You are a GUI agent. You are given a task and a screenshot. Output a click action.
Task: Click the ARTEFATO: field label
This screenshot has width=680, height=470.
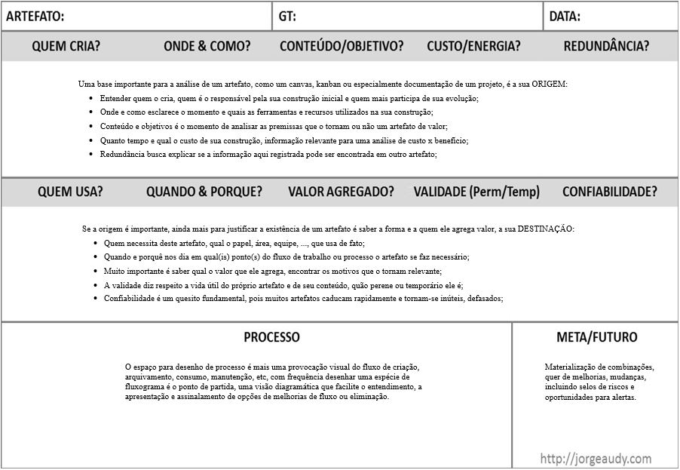[x=35, y=16]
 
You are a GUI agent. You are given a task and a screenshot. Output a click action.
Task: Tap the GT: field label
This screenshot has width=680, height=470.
[x=287, y=16]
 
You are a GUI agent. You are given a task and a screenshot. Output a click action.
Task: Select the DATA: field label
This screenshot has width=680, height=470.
[x=565, y=16]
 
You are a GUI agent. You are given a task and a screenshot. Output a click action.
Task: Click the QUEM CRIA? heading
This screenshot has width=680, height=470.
[x=66, y=46]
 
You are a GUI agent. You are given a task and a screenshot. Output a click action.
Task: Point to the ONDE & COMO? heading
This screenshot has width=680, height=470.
[x=207, y=46]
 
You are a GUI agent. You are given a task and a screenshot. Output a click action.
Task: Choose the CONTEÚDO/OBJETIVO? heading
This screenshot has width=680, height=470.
[x=341, y=46]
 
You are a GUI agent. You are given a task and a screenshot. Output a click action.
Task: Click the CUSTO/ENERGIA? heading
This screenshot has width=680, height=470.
[x=473, y=46]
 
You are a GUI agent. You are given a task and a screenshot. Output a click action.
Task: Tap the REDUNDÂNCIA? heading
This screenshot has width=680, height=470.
[x=606, y=46]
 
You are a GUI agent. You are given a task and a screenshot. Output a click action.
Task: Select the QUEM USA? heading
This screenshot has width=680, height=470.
[x=70, y=192]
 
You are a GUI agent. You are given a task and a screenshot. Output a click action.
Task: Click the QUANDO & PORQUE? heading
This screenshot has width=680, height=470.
[x=204, y=192]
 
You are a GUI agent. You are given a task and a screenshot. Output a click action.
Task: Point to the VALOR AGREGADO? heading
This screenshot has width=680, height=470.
[x=341, y=192]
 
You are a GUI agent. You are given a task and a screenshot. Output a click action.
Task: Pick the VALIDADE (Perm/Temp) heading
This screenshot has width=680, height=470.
[x=476, y=192]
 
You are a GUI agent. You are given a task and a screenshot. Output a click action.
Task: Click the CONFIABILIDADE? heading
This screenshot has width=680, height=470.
[x=609, y=192]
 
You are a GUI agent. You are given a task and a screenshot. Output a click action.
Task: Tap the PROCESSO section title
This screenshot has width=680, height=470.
[x=271, y=337]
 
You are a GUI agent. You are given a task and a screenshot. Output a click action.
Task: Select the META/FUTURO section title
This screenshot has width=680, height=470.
[x=596, y=337]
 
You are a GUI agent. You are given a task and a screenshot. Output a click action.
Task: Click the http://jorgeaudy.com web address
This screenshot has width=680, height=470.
[x=596, y=458]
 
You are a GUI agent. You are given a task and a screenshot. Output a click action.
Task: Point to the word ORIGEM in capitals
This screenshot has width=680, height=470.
[x=549, y=84]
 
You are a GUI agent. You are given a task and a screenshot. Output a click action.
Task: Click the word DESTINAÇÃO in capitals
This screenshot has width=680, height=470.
[x=545, y=229]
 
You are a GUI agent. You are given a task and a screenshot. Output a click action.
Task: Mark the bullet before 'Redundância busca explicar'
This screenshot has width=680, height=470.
[x=91, y=154]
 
